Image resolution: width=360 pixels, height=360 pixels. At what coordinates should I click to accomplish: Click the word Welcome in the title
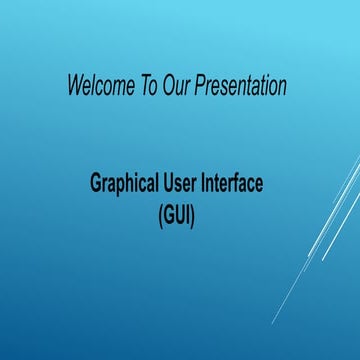99,86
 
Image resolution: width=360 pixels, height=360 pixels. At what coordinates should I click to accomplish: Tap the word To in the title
146,86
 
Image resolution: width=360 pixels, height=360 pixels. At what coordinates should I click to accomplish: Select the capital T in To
141,86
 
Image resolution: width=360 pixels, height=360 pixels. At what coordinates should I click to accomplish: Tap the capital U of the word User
172,185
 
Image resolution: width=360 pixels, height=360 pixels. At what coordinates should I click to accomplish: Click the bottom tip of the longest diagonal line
272,323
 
